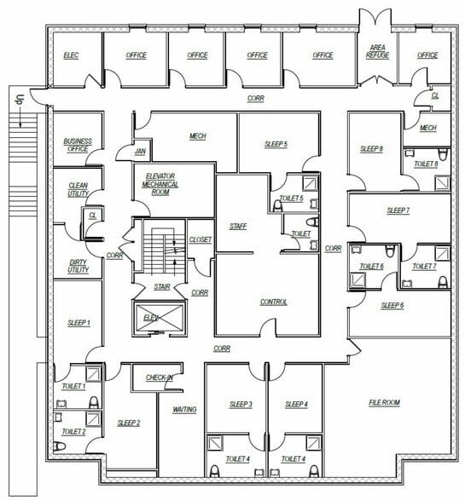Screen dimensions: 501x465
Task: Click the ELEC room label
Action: pos(71,55)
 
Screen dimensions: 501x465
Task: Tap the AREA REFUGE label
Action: pos(377,52)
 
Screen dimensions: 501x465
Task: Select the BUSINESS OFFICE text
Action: pos(77,145)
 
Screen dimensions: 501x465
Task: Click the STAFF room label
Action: pos(238,226)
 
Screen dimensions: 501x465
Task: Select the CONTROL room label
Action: pos(273,302)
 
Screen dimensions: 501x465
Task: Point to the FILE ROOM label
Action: pos(384,402)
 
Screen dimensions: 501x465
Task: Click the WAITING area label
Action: pos(185,410)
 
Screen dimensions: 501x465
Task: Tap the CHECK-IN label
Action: pos(160,377)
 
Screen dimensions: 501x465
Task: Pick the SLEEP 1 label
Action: pos(78,323)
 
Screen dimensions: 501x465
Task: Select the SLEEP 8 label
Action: pos(371,149)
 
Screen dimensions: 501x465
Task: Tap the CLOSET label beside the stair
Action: pos(200,239)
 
